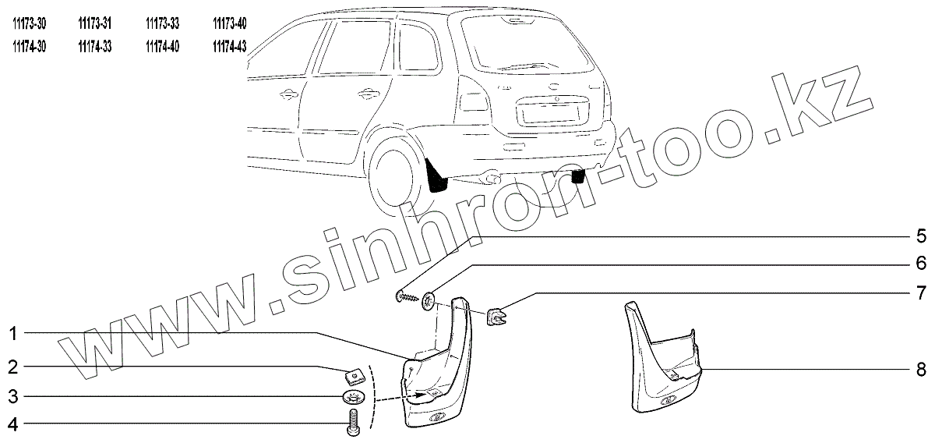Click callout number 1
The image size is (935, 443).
coord(13,334)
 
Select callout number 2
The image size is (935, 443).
coord(13,366)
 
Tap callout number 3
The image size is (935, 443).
coord(13,397)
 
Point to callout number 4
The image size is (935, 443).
coord(13,426)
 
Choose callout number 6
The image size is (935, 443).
coord(919,263)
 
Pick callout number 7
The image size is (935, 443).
coord(919,293)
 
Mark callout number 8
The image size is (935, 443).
coord(919,368)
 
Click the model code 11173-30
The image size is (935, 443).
coord(30,23)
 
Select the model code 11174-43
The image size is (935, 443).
coord(229,47)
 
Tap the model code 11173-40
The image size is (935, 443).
coord(229,23)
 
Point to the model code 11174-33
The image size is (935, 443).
coord(95,47)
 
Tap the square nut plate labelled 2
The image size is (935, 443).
coord(355,377)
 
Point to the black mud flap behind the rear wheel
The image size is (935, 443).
coord(436,176)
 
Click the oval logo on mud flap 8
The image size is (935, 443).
coord(668,402)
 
